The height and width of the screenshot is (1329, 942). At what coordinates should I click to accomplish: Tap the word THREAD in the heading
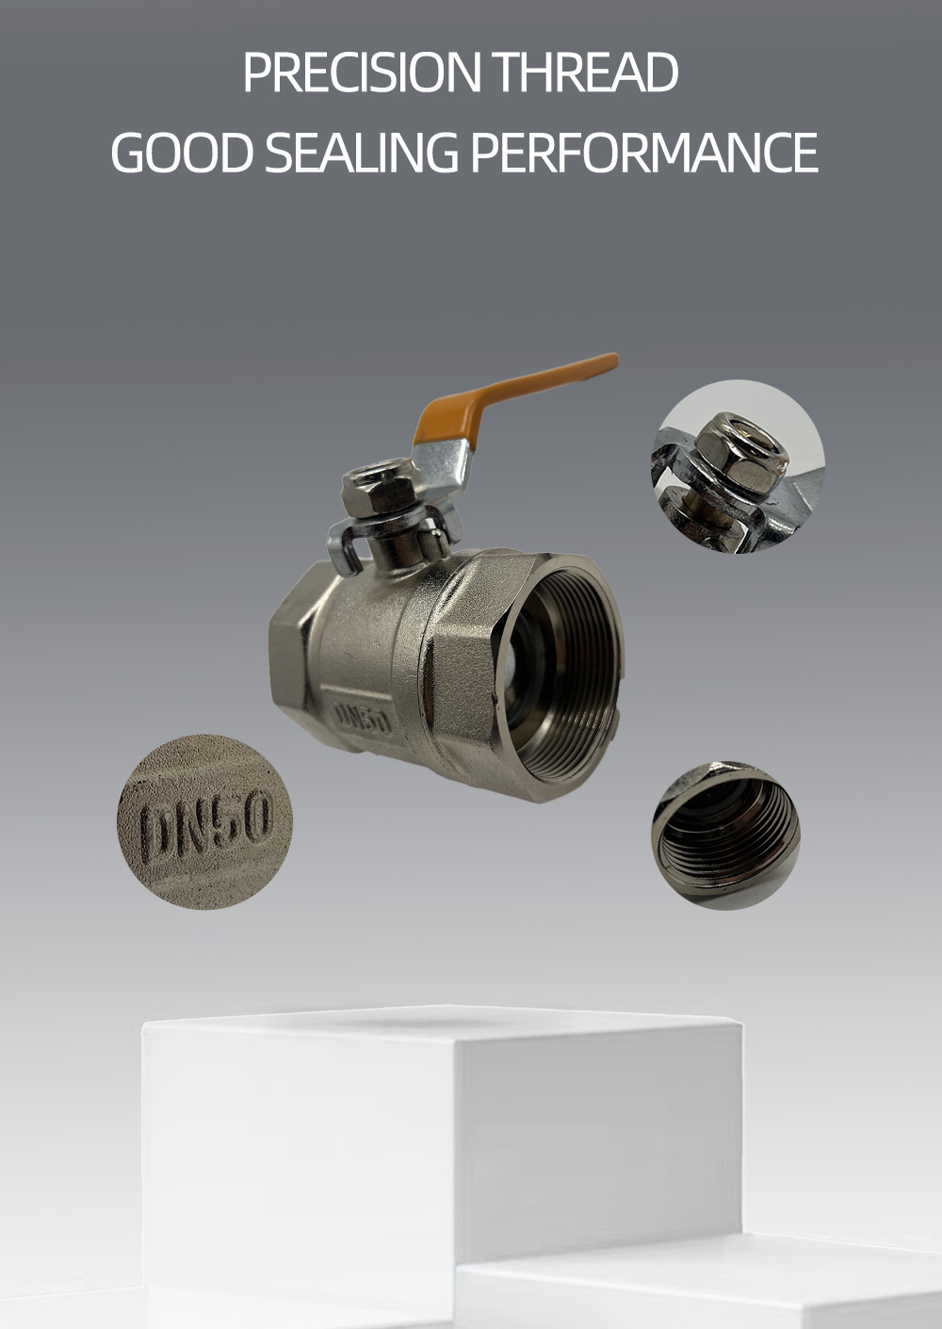click(x=586, y=72)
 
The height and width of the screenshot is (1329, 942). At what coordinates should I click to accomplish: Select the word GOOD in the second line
click(x=182, y=152)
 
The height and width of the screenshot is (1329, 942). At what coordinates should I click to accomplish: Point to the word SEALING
click(x=362, y=152)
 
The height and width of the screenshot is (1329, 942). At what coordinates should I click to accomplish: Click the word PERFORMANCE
click(x=645, y=152)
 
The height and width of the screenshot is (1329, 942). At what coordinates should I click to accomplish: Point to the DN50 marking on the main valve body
click(x=363, y=719)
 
